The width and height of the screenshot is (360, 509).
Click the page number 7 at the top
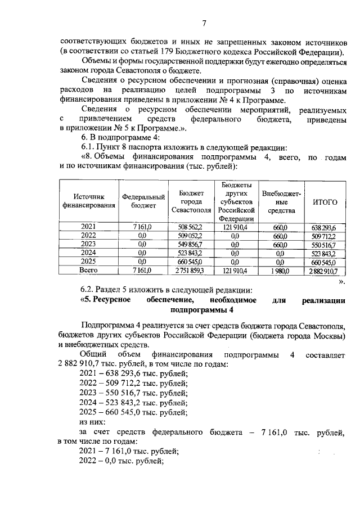(204, 23)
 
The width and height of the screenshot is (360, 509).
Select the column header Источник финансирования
(88, 201)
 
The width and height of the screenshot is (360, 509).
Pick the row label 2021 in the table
(88, 227)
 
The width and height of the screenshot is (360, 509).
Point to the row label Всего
(88, 271)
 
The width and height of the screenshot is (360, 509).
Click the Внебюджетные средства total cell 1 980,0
(280, 271)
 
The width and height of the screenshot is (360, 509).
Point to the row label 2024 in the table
(88, 253)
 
